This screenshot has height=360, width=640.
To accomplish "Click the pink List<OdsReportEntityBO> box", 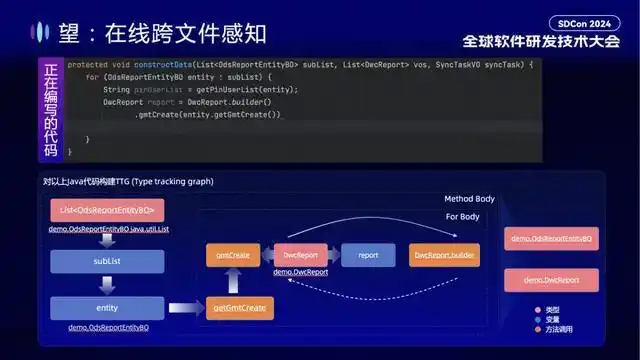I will pyautogui.click(x=106, y=210).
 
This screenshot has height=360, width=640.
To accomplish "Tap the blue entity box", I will pyautogui.click(x=106, y=308).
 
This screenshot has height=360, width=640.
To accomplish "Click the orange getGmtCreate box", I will pyautogui.click(x=240, y=308).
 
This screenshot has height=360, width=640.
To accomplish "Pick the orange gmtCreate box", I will pyautogui.click(x=233, y=255).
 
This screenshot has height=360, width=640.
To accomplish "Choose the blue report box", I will pyautogui.click(x=368, y=255).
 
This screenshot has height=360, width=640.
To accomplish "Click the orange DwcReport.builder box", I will pyautogui.click(x=445, y=255).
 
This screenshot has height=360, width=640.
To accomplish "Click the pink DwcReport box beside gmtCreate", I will pyautogui.click(x=300, y=255).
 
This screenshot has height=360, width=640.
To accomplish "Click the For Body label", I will pyautogui.click(x=462, y=216).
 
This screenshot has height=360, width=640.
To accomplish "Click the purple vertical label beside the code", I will pyautogui.click(x=51, y=109).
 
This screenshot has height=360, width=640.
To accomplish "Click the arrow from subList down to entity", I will pyautogui.click(x=106, y=284).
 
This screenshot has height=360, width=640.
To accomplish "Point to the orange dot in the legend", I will pyautogui.click(x=538, y=329).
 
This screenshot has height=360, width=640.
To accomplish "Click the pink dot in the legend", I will pyautogui.click(x=538, y=309).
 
